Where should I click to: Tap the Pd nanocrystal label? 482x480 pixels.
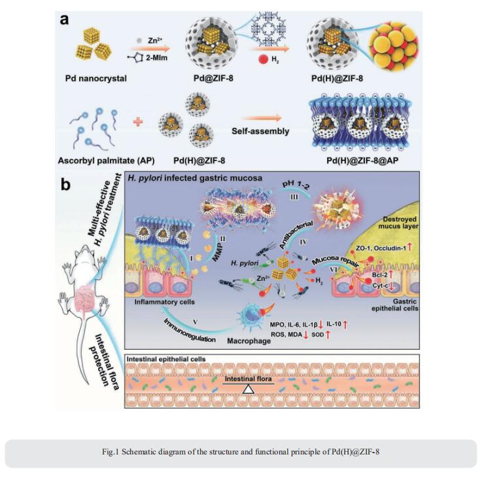click(x=96, y=79)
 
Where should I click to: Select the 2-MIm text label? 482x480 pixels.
click(x=156, y=58)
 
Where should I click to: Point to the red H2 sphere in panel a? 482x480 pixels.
click(x=264, y=59)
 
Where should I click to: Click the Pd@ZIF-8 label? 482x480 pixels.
click(x=213, y=78)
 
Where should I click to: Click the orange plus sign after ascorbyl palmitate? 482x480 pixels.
click(x=138, y=122)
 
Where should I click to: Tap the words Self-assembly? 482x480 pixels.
click(x=260, y=131)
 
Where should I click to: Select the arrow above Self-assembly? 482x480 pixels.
click(x=262, y=118)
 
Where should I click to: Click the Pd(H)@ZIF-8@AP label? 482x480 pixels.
click(x=362, y=160)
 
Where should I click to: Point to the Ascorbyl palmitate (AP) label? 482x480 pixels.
click(x=107, y=160)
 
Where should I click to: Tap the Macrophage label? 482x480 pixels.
click(x=249, y=341)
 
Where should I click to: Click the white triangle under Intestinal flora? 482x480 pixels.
click(x=249, y=390)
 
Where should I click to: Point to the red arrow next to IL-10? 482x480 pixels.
click(x=345, y=324)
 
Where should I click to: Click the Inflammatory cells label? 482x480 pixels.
click(x=164, y=302)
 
